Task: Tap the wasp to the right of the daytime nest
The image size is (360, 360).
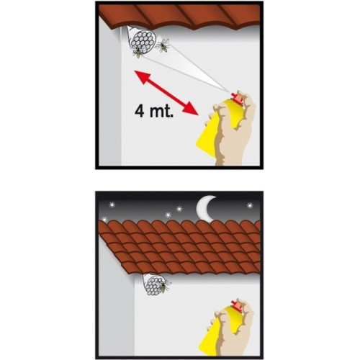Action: coord(163,45)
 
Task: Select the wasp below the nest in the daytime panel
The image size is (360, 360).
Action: coord(138,53)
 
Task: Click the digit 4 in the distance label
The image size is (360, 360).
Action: coord(140,111)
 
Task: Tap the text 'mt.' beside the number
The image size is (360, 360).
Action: coord(161,111)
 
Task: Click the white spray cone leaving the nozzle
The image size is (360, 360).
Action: coord(182,66)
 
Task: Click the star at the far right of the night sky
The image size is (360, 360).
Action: coord(250,205)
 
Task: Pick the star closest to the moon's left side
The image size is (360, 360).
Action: coord(179,209)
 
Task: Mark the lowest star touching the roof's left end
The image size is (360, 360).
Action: coord(104,219)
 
